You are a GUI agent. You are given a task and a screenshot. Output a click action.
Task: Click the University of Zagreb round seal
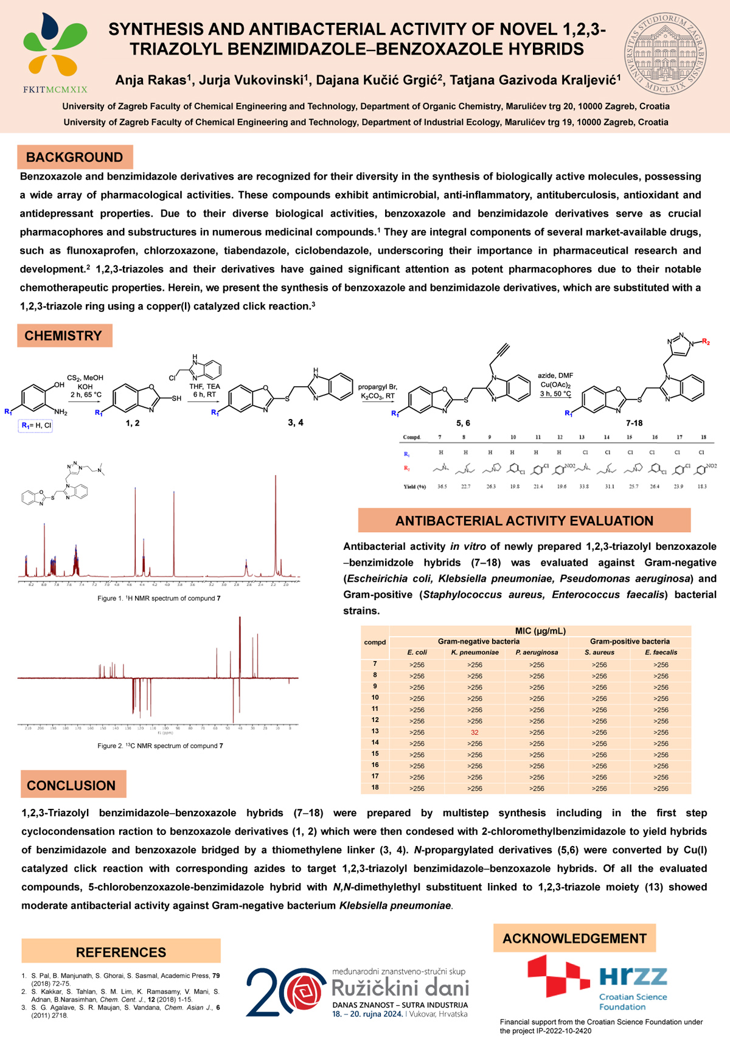666,54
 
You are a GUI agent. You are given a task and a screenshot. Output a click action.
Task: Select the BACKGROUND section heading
75,158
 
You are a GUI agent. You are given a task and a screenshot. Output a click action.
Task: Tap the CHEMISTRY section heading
63,336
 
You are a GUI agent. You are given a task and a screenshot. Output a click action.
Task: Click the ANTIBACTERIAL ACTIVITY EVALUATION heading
524,521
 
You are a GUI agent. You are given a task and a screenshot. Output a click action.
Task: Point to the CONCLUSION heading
71,785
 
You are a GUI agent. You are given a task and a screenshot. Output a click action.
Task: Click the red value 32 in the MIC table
474,732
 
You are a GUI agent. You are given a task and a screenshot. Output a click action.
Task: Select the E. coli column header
417,653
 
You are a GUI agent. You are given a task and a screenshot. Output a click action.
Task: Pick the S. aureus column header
599,653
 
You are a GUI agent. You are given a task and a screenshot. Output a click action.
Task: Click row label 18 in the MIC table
375,788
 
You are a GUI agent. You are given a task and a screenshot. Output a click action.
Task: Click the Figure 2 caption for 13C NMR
160,746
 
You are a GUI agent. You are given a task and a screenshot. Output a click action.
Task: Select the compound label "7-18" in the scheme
634,423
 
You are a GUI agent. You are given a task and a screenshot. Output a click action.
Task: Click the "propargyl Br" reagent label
377,387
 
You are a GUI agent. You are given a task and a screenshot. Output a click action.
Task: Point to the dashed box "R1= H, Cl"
35,426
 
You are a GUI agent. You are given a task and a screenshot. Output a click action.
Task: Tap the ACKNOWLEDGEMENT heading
574,938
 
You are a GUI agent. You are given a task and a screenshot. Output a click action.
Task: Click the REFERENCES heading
120,952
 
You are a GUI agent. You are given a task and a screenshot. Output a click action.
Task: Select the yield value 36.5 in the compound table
442,487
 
